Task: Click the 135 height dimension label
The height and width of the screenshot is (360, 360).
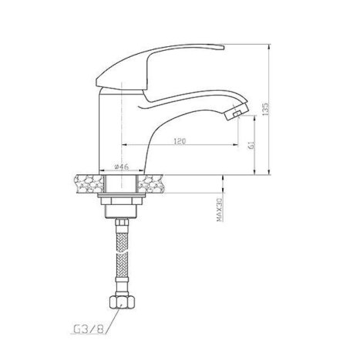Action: [x=265, y=109]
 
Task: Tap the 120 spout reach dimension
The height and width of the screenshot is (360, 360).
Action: [x=180, y=141]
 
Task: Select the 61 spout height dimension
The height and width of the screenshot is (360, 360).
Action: [x=251, y=145]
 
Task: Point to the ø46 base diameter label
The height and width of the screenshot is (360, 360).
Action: [x=121, y=167]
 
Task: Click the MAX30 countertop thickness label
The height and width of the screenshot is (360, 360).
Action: [x=219, y=210]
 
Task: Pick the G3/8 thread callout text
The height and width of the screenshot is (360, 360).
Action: [x=89, y=329]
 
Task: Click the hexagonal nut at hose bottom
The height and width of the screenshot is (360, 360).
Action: [x=121, y=302]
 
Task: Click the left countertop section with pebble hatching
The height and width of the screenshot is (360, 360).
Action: [x=89, y=183]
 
